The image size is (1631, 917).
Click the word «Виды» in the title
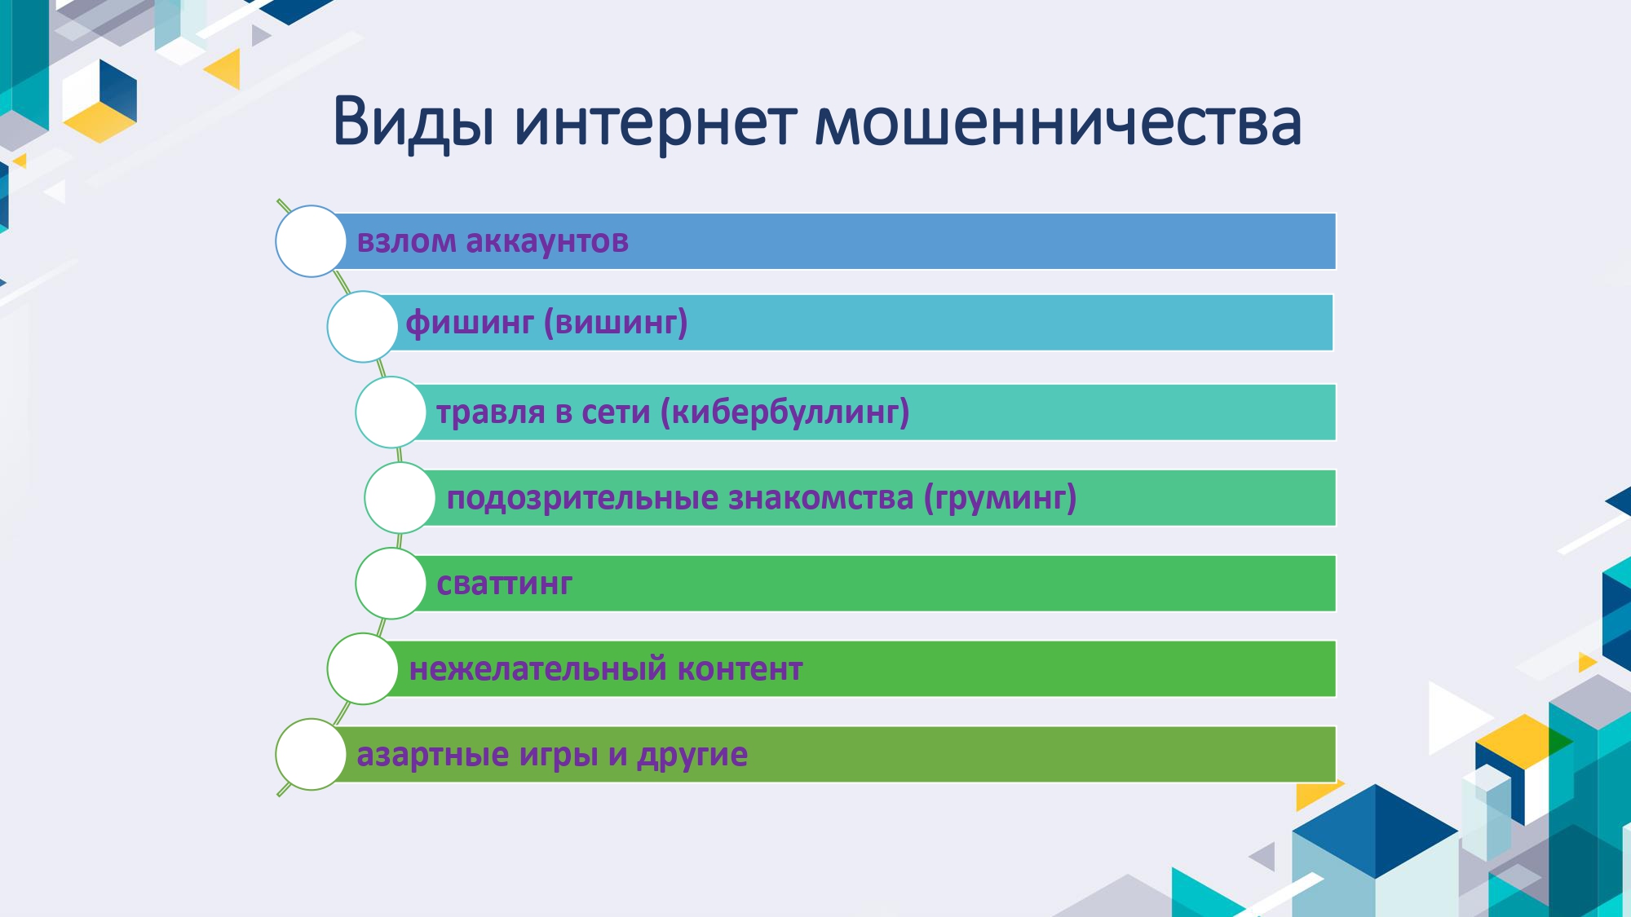click(x=413, y=123)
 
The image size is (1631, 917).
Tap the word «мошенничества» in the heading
click(x=1058, y=121)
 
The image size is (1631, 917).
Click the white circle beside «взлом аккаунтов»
click(x=311, y=241)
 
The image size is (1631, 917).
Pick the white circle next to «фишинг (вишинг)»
click(x=362, y=326)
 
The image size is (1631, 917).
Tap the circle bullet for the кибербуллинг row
click(x=391, y=412)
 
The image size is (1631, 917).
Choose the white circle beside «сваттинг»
click(x=391, y=584)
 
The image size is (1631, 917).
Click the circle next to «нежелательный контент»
click(x=362, y=669)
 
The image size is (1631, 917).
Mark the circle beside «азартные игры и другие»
click(x=311, y=755)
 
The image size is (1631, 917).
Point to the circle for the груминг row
click(x=400, y=498)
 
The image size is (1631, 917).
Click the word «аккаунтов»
click(x=547, y=241)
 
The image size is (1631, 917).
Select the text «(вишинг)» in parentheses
click(x=616, y=324)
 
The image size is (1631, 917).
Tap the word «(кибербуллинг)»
click(x=785, y=412)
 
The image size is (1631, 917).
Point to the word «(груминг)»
click(x=1000, y=498)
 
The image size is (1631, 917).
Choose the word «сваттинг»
click(x=504, y=584)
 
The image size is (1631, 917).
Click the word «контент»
click(x=740, y=669)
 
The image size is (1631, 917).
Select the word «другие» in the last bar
click(x=692, y=756)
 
